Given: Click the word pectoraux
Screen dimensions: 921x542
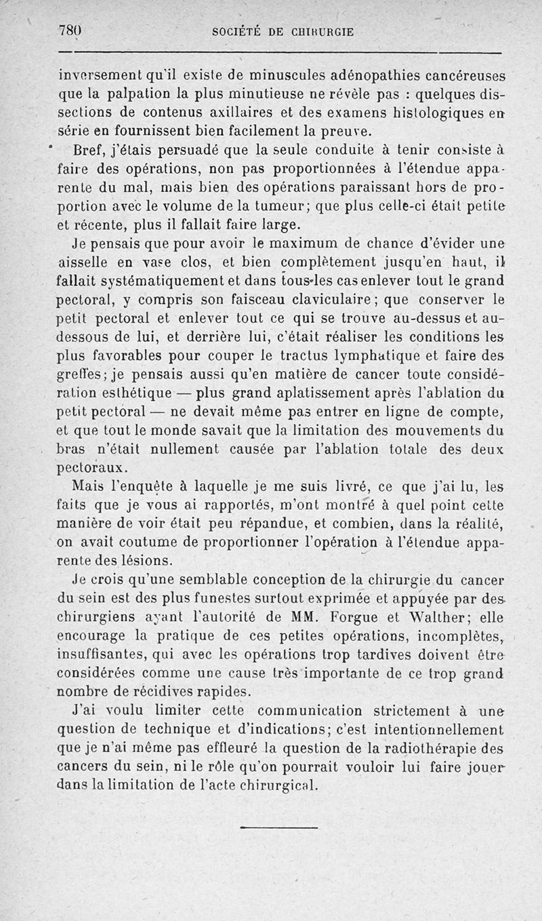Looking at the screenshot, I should coord(90,467).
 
